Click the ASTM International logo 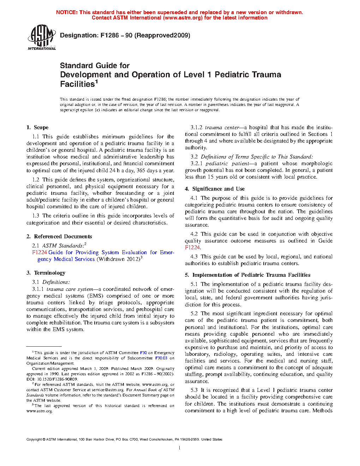pos(42,37)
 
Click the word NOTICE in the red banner pos(67,12)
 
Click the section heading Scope pos(41,127)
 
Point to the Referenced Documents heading pos(63,237)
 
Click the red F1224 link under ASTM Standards pos(40,252)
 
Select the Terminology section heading pos(49,273)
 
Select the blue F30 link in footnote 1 pos(143,353)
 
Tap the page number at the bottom pos(180,448)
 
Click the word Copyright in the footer pos(34,440)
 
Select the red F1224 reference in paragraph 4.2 pos(192,247)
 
